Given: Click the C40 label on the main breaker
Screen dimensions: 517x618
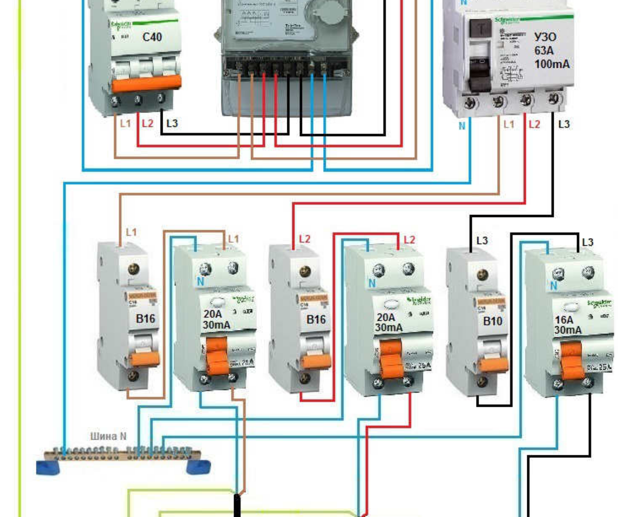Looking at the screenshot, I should tap(152, 37).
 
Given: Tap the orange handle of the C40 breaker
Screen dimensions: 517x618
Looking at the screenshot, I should tap(146, 83).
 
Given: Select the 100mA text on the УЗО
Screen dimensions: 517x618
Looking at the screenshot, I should tap(552, 64).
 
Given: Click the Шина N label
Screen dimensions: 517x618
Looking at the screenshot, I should tap(108, 436).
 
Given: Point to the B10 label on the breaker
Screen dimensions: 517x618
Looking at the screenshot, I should tap(492, 321).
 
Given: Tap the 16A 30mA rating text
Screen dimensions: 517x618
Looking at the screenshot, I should tap(567, 325).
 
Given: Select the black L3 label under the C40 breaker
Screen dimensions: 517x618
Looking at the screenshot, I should tap(172, 123).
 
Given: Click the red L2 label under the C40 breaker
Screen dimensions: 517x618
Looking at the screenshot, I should tap(147, 123).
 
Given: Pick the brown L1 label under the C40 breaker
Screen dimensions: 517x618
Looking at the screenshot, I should tap(125, 123).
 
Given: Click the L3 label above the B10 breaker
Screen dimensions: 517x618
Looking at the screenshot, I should tap(482, 241).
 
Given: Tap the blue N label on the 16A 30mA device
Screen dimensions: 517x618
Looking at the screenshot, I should tap(554, 286).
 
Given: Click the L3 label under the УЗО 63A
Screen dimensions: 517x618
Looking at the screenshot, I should tap(564, 124).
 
